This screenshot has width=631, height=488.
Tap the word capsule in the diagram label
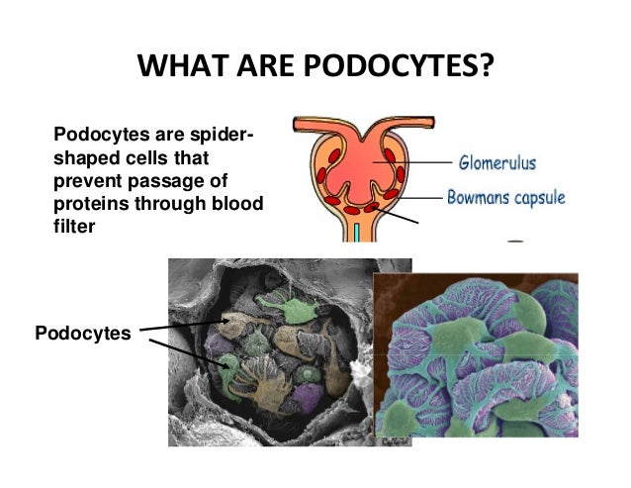pyautogui.click(x=540, y=197)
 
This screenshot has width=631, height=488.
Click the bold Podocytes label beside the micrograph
pyautogui.click(x=82, y=334)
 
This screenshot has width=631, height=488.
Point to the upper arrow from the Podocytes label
pyautogui.click(x=188, y=325)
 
